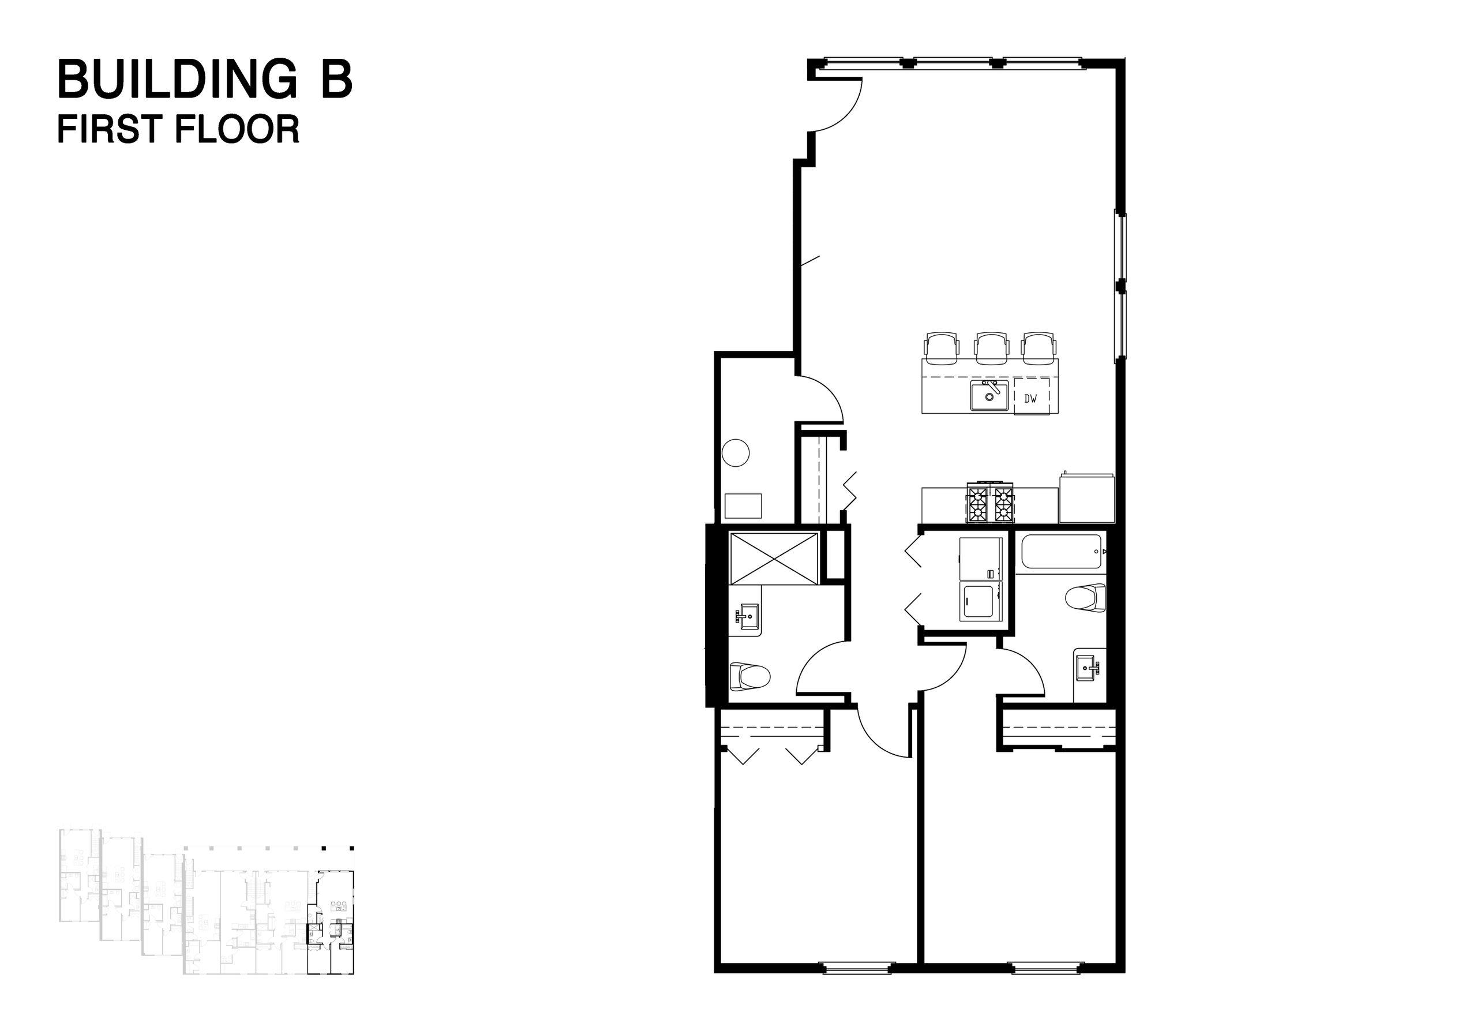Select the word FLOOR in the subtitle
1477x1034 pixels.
pos(237,129)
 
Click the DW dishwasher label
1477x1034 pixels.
pos(1030,398)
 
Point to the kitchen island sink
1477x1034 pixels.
pos(989,395)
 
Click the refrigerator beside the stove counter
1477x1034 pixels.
pos(1086,499)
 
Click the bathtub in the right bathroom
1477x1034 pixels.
pos(1060,552)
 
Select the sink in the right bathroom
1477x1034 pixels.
pos(1090,668)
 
